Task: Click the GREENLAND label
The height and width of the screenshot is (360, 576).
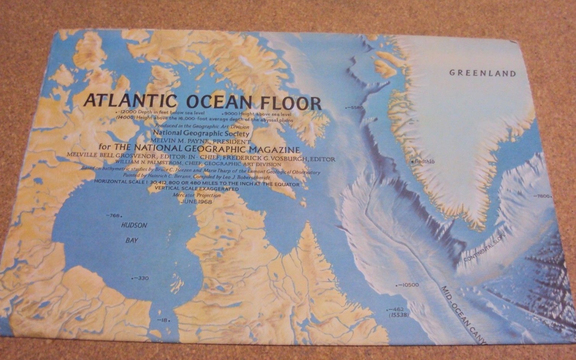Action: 482,73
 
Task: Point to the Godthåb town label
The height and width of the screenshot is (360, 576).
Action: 424,162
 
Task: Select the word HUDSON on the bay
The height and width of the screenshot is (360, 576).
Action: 134,225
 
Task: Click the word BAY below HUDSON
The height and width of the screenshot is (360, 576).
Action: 132,240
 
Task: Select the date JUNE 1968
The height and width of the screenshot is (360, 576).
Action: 196,201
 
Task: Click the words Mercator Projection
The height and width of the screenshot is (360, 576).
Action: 197,195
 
